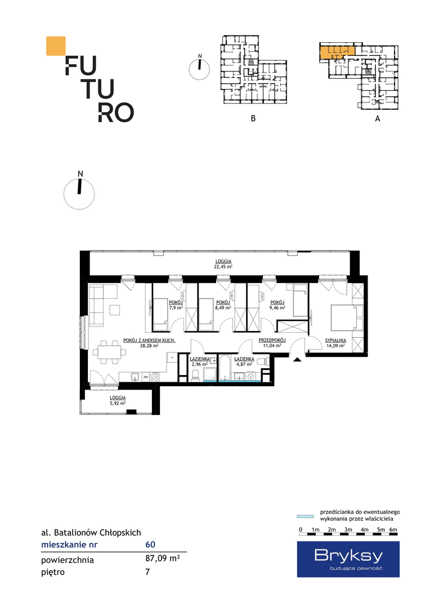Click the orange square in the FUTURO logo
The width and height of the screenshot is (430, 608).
[x=56, y=46]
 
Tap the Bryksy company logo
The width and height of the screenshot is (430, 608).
[x=348, y=559]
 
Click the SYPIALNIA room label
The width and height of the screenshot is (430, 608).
[x=336, y=341]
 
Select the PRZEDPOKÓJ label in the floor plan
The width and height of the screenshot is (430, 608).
[x=272, y=341]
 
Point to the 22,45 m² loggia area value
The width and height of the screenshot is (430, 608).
[x=223, y=267]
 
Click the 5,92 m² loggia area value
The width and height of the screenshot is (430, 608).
[x=118, y=403]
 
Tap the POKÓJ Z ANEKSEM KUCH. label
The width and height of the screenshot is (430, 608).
[x=149, y=341]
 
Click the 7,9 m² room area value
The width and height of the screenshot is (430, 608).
[x=176, y=307]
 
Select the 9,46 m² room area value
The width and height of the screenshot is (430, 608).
[x=277, y=307]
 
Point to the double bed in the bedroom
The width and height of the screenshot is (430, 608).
[x=343, y=318]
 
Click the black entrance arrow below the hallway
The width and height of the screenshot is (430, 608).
[x=297, y=359]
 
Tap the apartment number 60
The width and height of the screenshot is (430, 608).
[x=150, y=544]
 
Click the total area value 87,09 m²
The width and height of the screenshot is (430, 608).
[x=163, y=559]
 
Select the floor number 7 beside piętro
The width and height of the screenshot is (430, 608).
[x=147, y=571]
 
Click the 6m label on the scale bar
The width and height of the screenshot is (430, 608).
[x=393, y=529]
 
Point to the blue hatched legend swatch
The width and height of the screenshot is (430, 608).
[x=305, y=516]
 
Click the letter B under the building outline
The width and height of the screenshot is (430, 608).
[x=253, y=118]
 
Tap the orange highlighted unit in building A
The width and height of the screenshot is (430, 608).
[x=337, y=53]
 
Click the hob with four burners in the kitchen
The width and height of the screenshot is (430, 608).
[x=154, y=377]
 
